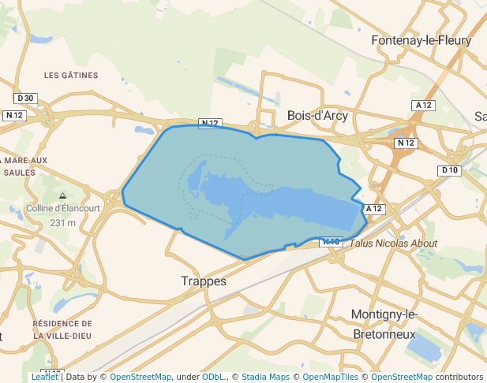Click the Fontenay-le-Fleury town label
click(421, 40)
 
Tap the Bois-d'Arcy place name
click(317, 115)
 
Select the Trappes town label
click(204, 281)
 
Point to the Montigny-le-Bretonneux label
click(384, 324)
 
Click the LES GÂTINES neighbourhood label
click(71, 76)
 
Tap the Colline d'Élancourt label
click(63, 209)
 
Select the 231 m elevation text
click(63, 223)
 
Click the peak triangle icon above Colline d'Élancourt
click(63, 195)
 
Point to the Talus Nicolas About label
click(393, 244)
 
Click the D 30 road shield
click(25, 98)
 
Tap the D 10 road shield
click(450, 170)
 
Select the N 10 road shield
click(331, 242)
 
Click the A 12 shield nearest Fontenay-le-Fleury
click(424, 105)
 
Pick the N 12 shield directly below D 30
click(15, 115)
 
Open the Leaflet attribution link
click(44, 377)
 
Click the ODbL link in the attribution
click(213, 377)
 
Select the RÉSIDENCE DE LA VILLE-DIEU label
click(62, 329)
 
